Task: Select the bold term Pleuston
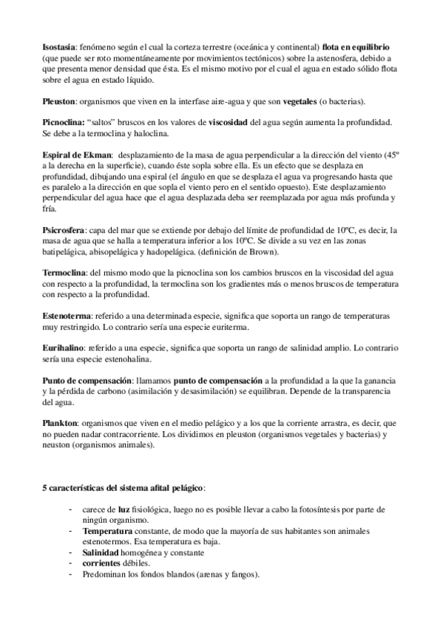(61, 101)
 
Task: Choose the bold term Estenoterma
(69, 317)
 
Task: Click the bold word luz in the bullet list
(113, 510)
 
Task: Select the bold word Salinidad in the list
(105, 554)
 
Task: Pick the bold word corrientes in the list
(106, 565)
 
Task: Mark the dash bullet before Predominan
(70, 575)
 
